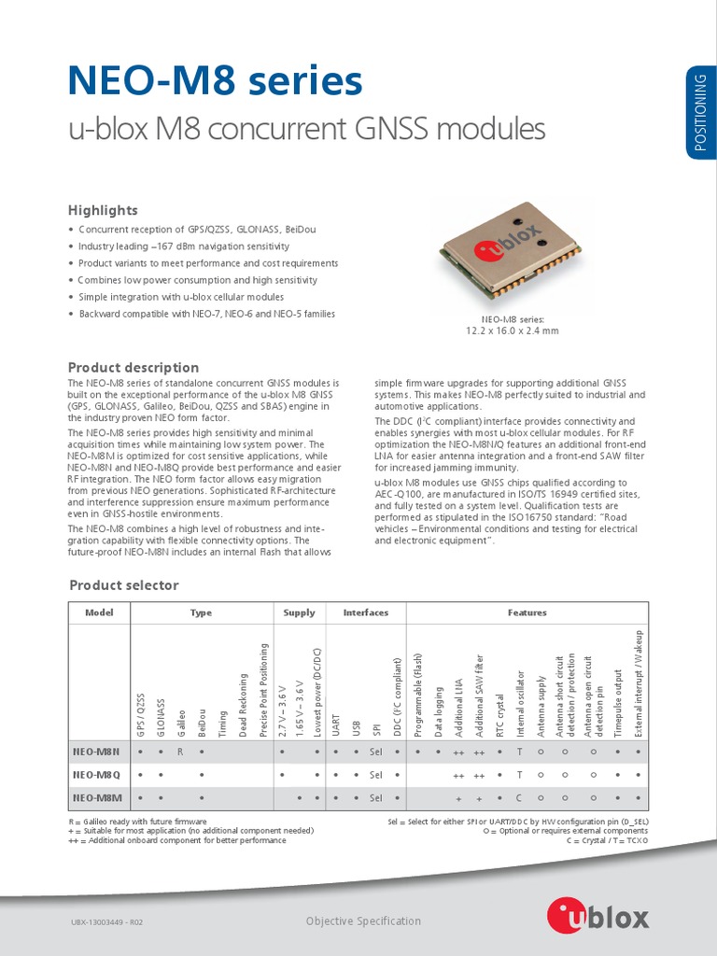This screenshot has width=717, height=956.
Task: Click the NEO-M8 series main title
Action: [x=215, y=82]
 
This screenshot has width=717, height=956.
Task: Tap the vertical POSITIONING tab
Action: [x=701, y=112]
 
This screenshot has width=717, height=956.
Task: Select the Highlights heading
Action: [x=103, y=210]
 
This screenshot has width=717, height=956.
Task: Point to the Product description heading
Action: [x=134, y=367]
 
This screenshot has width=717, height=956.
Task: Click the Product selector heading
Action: [x=124, y=585]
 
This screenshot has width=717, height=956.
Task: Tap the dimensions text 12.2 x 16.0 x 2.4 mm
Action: [x=512, y=330]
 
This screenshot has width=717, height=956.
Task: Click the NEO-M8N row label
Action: [x=97, y=751]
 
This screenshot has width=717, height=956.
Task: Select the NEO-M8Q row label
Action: [x=97, y=775]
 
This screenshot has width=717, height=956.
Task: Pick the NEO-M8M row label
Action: [x=97, y=798]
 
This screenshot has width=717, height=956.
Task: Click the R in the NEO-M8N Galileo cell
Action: [x=181, y=751]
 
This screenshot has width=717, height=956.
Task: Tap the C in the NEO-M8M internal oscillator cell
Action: [x=519, y=798]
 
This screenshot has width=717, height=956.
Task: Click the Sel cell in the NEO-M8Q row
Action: [x=376, y=775]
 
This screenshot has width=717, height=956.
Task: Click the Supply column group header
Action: [x=300, y=612]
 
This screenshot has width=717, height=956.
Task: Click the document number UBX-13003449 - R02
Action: [x=106, y=922]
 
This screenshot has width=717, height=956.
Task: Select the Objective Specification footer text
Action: [x=363, y=921]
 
